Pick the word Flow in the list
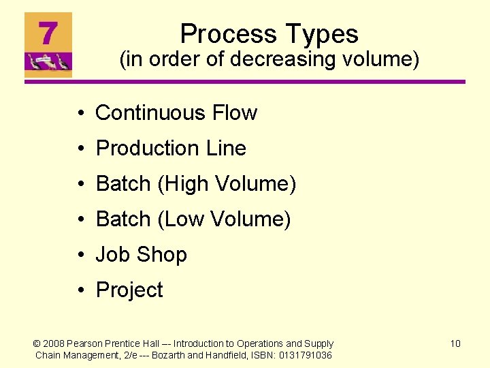pos(235,112)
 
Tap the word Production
pos(145,148)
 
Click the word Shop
pos(161,254)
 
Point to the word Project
pos(129,290)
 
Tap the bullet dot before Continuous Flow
pos(80,113)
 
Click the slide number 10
pos(455,343)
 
